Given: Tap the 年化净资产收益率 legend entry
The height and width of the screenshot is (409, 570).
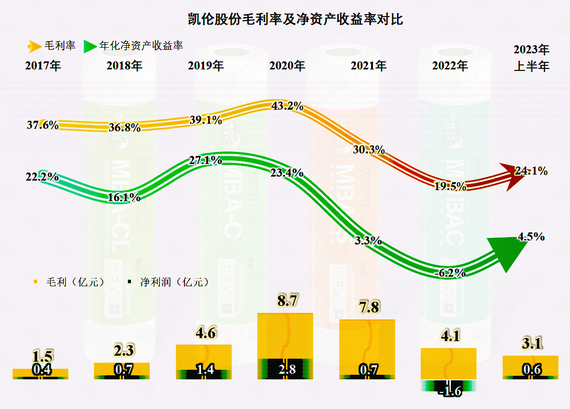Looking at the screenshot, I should pyautogui.click(x=134, y=46).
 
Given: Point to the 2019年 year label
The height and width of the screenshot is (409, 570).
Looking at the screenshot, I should pyautogui.click(x=206, y=65).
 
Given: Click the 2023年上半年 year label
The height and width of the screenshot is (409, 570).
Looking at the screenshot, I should pyautogui.click(x=531, y=58).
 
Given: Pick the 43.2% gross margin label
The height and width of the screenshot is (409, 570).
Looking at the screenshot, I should pyautogui.click(x=287, y=106).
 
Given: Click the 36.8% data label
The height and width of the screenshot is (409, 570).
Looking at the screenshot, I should pyautogui.click(x=124, y=127).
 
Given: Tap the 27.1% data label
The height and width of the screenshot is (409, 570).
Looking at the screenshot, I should pyautogui.click(x=206, y=160).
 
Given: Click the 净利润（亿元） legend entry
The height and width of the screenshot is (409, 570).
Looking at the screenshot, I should pyautogui.click(x=168, y=282).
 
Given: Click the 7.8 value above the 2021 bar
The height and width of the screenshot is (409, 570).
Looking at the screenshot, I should pyautogui.click(x=369, y=307).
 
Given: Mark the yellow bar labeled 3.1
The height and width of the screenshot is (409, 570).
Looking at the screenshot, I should pyautogui.click(x=530, y=363).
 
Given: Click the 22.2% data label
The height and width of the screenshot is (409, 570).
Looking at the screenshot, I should pyautogui.click(x=42, y=177).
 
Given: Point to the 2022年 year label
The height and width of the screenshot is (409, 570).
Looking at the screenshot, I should pyautogui.click(x=450, y=65).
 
